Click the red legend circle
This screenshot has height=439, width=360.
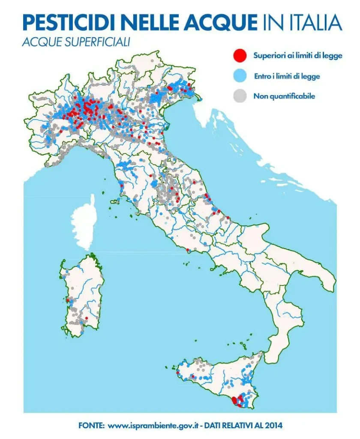[240, 55]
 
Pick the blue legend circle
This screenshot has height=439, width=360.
[240, 76]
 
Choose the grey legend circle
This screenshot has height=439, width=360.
[240, 96]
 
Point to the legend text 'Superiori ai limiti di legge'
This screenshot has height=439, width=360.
[297, 56]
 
